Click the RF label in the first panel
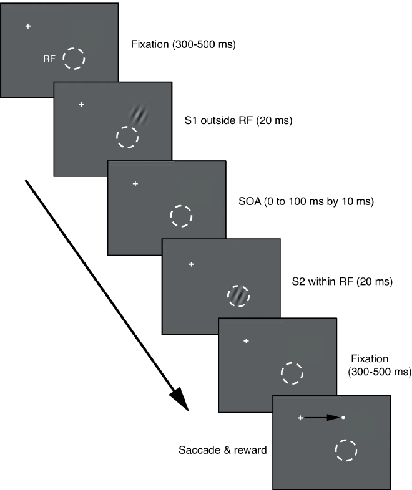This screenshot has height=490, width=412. click(x=48, y=59)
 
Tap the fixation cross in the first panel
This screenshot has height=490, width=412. click(x=27, y=26)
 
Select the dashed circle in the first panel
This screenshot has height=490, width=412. click(x=74, y=59)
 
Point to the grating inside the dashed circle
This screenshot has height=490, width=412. click(x=237, y=295)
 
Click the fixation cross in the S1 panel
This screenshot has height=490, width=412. click(x=81, y=104)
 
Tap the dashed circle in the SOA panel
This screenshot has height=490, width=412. click(x=182, y=216)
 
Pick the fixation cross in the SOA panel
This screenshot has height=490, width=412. click(x=135, y=183)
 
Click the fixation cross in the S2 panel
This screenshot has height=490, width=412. click(x=191, y=264)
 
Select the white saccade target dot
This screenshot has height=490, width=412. click(x=343, y=417)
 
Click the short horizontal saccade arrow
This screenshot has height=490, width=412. click(x=321, y=417)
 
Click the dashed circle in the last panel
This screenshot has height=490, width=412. click(x=345, y=450)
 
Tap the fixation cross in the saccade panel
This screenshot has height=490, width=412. click(x=300, y=417)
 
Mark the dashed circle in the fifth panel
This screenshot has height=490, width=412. click(x=292, y=373)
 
